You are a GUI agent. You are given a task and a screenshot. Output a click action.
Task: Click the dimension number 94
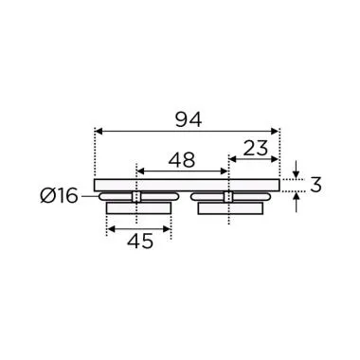(187, 119)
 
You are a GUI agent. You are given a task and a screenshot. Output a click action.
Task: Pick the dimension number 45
(139, 241)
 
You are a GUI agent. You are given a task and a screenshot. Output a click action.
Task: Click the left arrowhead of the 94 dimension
(99, 133)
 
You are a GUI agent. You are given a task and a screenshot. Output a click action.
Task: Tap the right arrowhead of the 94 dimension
(276, 133)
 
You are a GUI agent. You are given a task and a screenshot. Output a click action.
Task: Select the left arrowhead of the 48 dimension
(141, 171)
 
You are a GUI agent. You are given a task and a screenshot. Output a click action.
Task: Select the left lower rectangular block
(138, 207)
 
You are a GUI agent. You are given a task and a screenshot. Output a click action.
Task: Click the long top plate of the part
(187, 184)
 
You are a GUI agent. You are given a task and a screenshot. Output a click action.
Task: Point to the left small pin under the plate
(136, 196)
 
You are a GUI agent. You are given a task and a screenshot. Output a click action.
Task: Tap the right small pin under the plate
(228, 196)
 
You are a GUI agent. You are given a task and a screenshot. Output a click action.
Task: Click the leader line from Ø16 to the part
(93, 197)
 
